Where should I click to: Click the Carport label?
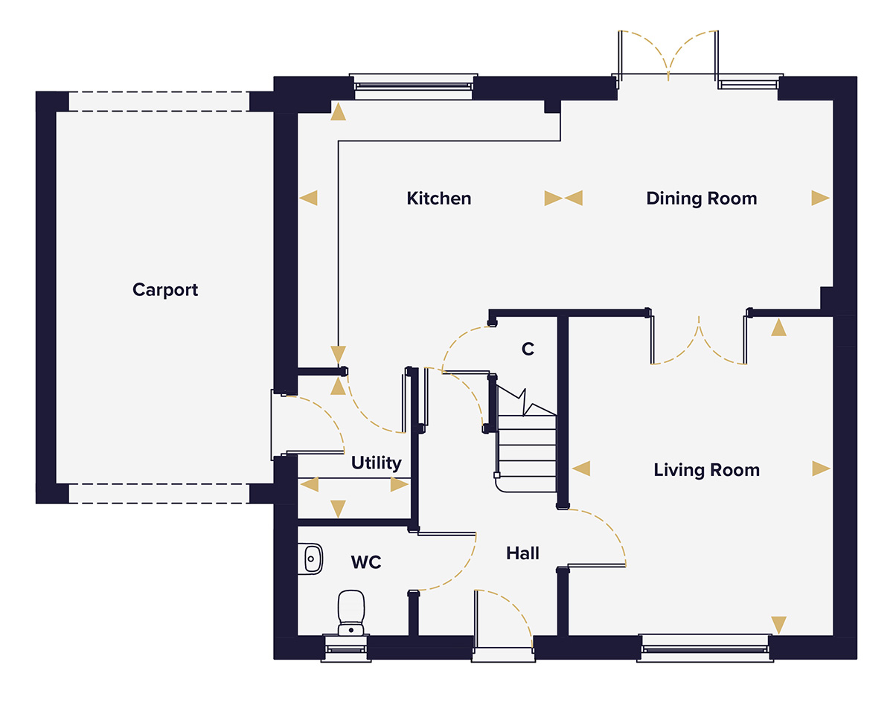click(x=165, y=290)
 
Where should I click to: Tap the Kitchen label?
click(x=438, y=199)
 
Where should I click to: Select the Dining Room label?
click(x=701, y=199)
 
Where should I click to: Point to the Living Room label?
click(x=706, y=470)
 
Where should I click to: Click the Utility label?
click(x=376, y=463)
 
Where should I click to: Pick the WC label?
click(x=366, y=562)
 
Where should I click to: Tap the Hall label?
click(x=522, y=553)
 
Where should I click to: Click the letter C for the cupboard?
click(x=528, y=349)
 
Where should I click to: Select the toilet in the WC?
click(x=351, y=611)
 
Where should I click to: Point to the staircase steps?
click(x=527, y=454)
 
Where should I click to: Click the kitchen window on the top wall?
click(x=413, y=85)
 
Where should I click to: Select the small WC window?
click(x=346, y=648)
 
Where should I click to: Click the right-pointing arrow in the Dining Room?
click(x=819, y=198)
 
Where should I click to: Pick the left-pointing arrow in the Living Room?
click(x=581, y=469)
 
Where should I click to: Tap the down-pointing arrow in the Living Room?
click(x=778, y=625)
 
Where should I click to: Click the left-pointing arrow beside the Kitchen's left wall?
click(x=308, y=198)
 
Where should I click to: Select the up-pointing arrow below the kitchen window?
click(x=338, y=112)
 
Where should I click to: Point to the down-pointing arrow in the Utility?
click(x=338, y=509)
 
